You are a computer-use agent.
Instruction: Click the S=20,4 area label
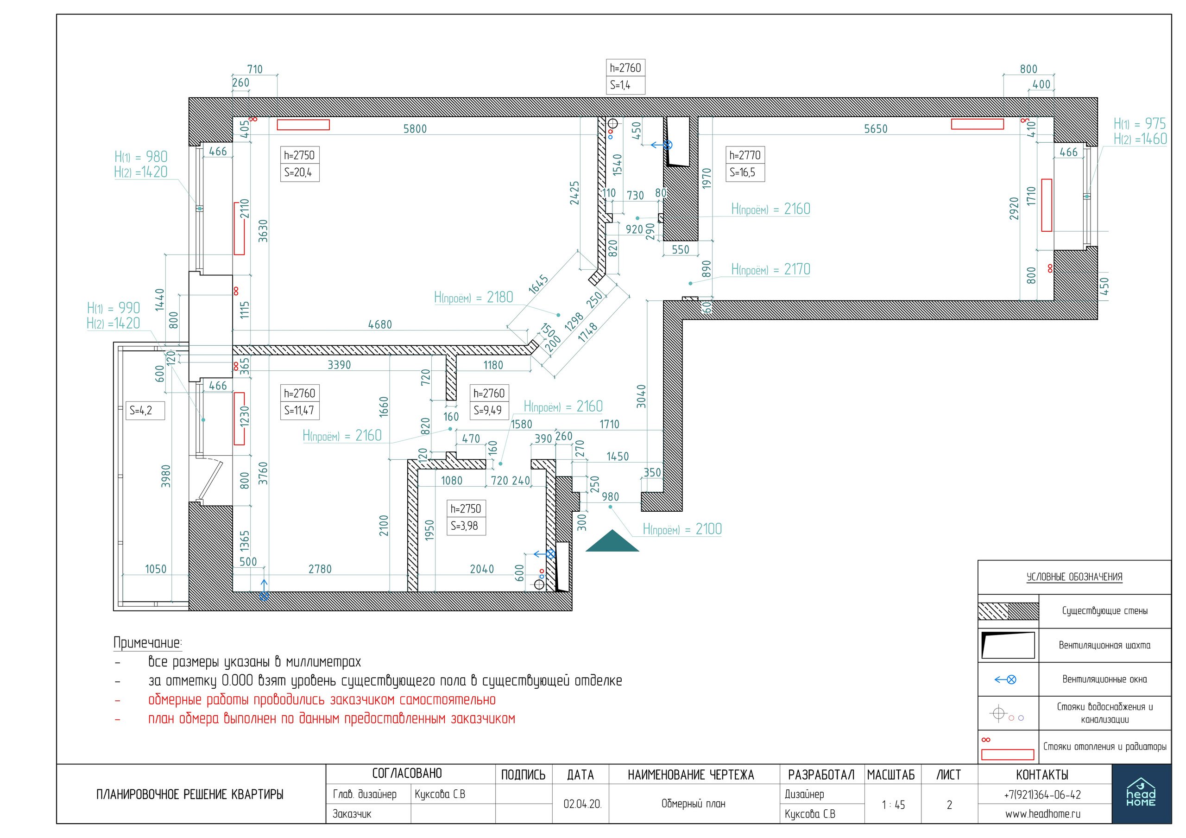click(298, 172)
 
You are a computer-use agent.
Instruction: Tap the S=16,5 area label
click(742, 172)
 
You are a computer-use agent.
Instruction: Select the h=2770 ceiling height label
click(745, 155)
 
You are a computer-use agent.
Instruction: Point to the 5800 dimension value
click(415, 129)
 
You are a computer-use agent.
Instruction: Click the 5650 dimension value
click(876, 129)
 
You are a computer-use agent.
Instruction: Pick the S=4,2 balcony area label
click(141, 411)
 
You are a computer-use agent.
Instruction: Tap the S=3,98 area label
click(464, 526)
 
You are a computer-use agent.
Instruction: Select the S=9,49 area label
click(488, 411)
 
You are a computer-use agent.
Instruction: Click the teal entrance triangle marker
click(612, 542)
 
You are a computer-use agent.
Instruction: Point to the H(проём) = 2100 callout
click(682, 529)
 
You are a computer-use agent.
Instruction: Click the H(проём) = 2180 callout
click(473, 297)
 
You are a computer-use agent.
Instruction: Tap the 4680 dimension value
click(380, 324)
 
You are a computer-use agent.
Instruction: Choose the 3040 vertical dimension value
click(641, 396)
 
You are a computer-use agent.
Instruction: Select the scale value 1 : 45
click(894, 805)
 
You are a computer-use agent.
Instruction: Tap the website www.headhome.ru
click(1043, 814)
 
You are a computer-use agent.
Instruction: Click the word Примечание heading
click(147, 643)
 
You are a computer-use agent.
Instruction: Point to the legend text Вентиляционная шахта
click(1105, 645)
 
